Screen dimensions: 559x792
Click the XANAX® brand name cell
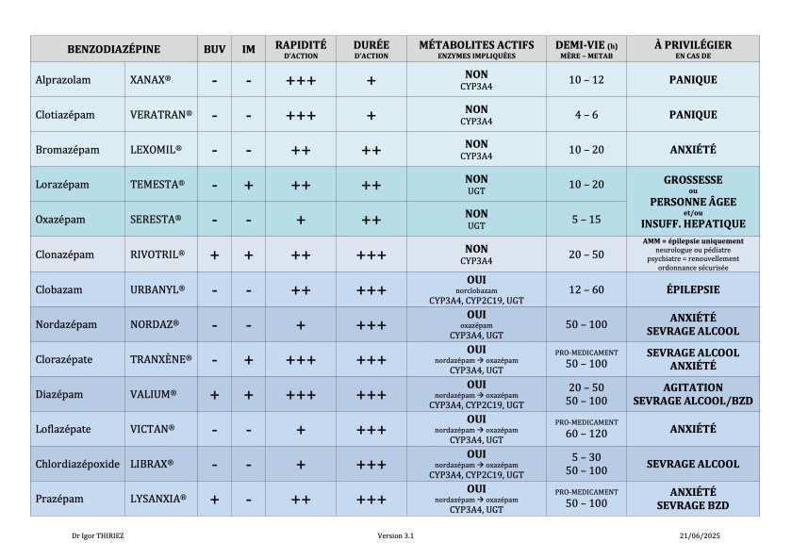[150, 80]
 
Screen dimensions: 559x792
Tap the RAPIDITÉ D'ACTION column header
[301, 49]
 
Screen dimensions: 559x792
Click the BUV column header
[214, 49]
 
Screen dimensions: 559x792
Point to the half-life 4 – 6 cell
[586, 115]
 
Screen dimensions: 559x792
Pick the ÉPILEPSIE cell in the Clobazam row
[692, 289]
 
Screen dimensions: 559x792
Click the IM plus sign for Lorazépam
[248, 185]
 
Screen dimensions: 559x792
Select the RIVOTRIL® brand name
[157, 255]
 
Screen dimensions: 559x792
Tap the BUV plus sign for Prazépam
[214, 499]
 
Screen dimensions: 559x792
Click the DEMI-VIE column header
[586, 49]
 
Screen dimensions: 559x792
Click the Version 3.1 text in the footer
[395, 535]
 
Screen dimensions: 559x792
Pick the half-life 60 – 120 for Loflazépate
[586, 435]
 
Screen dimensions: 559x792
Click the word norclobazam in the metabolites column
[476, 289]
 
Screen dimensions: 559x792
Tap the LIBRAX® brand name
[153, 464]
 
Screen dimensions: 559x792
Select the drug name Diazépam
[59, 394]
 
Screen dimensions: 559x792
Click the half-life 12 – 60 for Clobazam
[586, 289]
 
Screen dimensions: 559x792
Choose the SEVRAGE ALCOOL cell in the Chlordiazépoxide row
[692, 464]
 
